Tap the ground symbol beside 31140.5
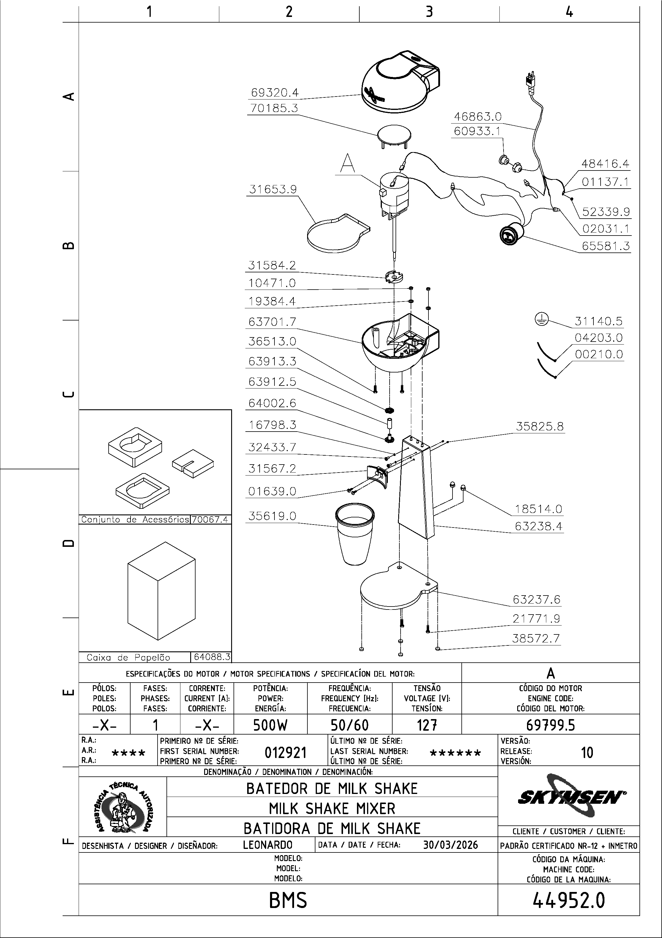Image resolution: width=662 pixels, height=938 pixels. [542, 320]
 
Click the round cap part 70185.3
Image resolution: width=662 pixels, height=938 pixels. [394, 135]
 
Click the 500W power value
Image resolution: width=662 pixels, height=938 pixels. [270, 725]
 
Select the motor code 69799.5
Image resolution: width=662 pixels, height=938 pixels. [550, 725]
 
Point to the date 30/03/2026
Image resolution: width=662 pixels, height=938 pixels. [450, 845]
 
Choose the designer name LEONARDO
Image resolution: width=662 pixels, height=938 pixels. [267, 845]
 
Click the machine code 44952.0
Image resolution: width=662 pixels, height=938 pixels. [569, 900]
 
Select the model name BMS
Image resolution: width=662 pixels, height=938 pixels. [288, 900]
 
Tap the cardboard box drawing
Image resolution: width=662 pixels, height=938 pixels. [161, 591]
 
